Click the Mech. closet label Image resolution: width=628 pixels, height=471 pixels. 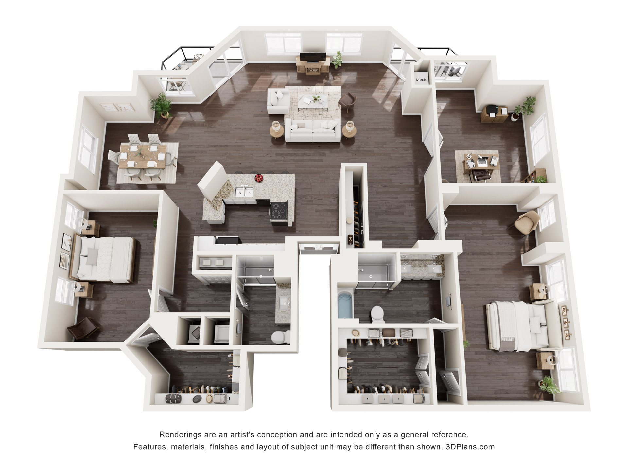pos(421,80)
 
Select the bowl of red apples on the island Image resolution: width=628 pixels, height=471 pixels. pos(259,178)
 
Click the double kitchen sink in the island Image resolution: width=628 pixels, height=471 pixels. pos(244,192)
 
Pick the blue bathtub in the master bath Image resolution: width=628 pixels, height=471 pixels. pos(345,305)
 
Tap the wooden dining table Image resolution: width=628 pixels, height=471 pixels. pos(143,156)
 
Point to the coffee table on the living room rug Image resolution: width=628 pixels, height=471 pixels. pos(313,101)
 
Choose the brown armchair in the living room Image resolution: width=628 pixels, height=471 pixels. pos(347,102)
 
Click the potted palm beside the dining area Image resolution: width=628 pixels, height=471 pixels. pos(162,105)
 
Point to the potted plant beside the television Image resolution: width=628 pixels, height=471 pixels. pos(337,60)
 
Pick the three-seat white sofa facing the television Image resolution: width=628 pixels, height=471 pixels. pos(313,131)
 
